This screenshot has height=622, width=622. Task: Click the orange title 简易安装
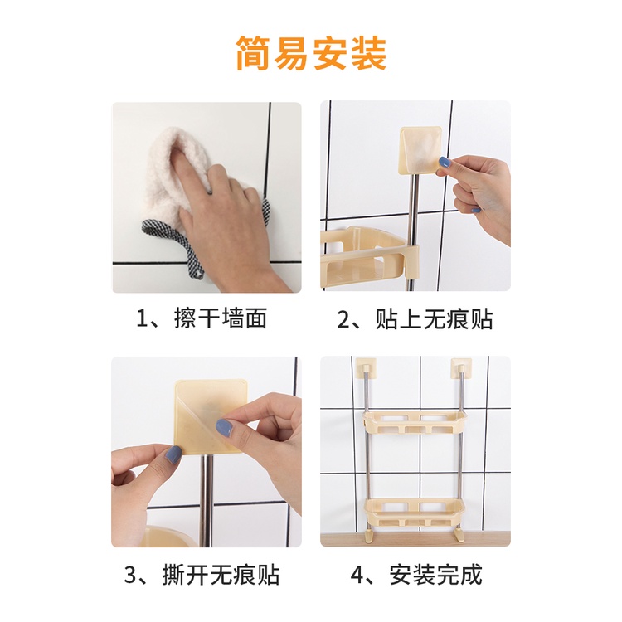tap(311, 53)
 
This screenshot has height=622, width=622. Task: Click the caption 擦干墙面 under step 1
tap(220, 318)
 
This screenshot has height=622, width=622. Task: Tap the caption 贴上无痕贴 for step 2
tap(434, 319)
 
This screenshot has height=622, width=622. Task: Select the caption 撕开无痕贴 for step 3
tap(221, 575)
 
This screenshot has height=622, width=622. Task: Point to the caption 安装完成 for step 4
tap(435, 575)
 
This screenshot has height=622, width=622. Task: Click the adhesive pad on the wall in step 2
tap(420, 151)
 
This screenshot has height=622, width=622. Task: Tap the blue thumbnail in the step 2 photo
tap(445, 162)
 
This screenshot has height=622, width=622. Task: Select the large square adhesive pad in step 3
tap(211, 416)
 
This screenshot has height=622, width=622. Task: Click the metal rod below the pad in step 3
tap(206, 501)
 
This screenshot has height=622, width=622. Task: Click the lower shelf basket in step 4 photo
tap(415, 513)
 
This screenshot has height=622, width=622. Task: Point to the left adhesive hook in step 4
tap(365, 367)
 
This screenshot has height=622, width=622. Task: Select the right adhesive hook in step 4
tap(461, 367)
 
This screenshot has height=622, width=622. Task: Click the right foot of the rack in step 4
tap(459, 533)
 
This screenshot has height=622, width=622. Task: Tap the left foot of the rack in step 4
tap(369, 533)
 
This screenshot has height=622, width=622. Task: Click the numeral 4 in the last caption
tap(357, 576)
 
